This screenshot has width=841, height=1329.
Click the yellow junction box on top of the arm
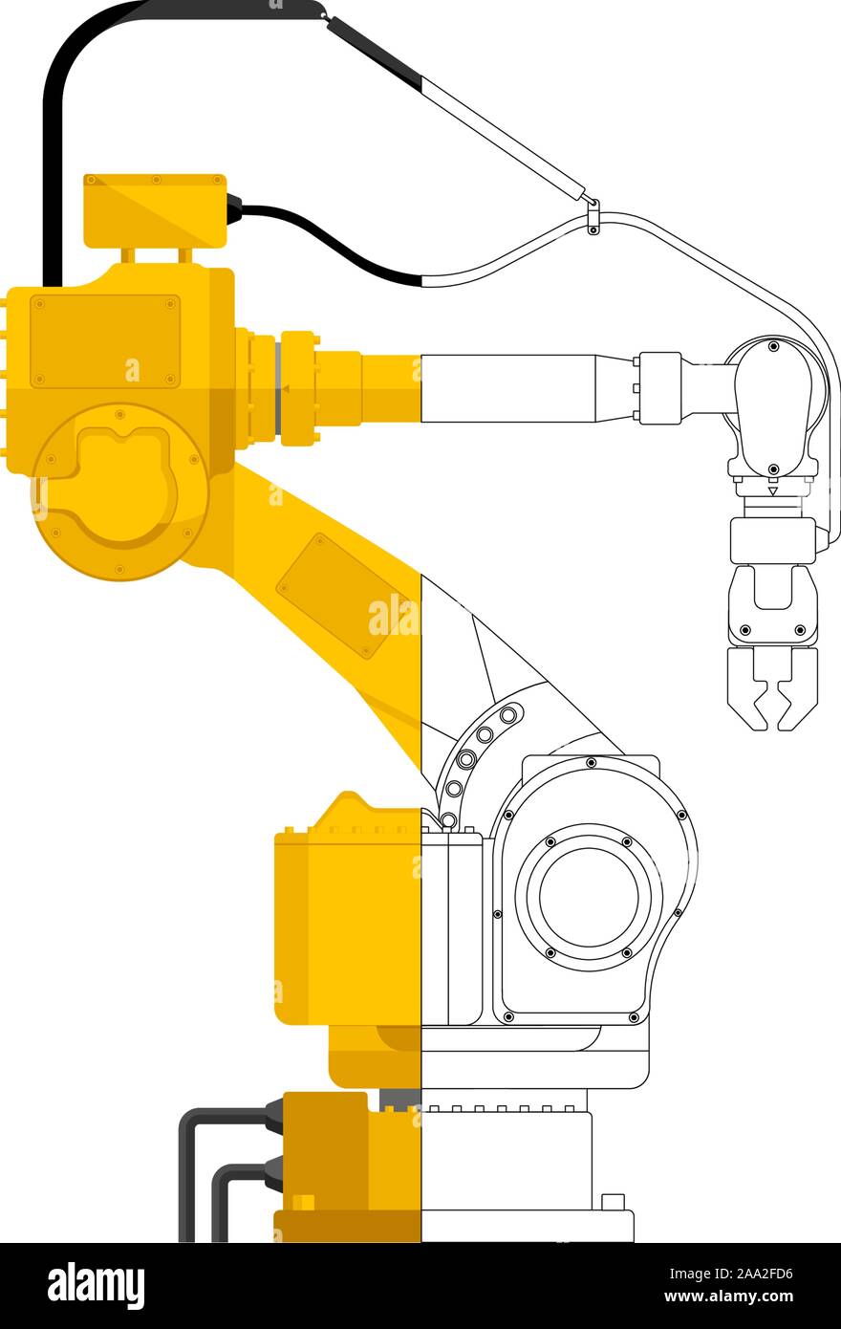coord(155,210)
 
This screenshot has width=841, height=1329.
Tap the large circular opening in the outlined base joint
coord(589,897)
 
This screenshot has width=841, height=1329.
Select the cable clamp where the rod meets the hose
coord(593,217)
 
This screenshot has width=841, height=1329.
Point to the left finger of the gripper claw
coord(747,688)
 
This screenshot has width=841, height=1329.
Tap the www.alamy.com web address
coord(728,1296)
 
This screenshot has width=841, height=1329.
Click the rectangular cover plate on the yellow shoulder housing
coord(105,341)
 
